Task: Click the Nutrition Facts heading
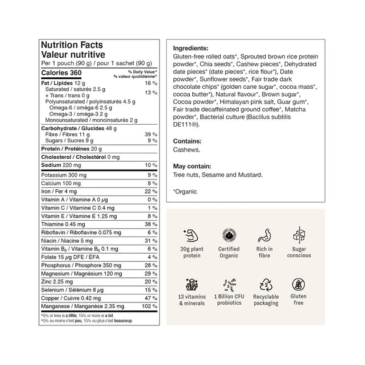[x=71, y=45]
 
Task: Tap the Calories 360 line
[x=60, y=73]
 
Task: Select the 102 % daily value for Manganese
[x=149, y=307]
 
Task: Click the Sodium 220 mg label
[x=60, y=165]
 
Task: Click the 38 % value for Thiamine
[x=151, y=224]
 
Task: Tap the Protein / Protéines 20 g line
[x=71, y=148]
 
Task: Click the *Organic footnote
[x=185, y=191]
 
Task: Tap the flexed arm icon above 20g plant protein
[x=189, y=234]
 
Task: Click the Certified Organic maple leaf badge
[x=228, y=234]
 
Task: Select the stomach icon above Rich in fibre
[x=264, y=234]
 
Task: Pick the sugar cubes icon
[x=299, y=234]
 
